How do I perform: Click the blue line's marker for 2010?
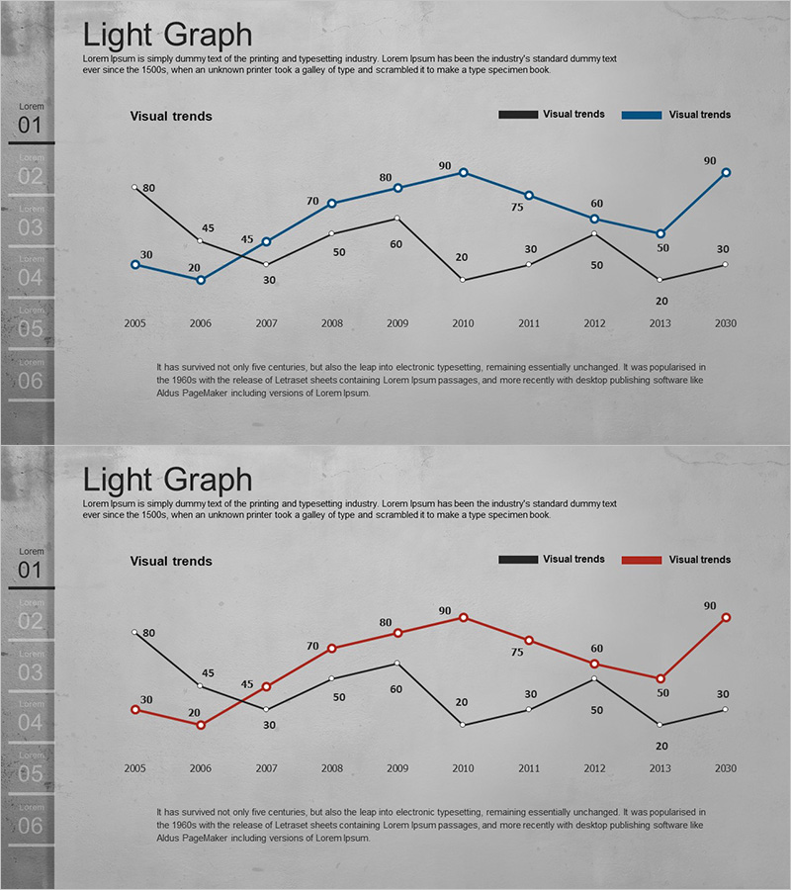point(463,172)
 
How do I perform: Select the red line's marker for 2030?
point(726,617)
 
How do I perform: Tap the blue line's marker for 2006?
point(201,280)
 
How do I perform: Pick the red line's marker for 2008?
point(332,648)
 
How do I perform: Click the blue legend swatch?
point(641,115)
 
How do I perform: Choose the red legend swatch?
point(641,560)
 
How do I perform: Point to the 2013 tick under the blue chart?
point(660,323)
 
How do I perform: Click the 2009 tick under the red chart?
point(397,768)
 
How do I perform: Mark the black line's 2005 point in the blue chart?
point(134,187)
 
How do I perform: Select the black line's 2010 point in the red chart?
point(463,725)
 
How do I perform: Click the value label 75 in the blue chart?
point(517,208)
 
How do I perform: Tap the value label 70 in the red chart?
point(312,647)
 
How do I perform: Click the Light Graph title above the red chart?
point(167,481)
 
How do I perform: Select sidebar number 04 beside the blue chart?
point(31,278)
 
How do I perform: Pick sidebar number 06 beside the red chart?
point(31,826)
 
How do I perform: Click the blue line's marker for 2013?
point(660,233)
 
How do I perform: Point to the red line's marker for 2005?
point(134,709)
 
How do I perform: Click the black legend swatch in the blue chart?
point(518,115)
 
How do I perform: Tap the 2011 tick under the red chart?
point(529,768)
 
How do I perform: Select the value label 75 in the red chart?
point(517,653)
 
